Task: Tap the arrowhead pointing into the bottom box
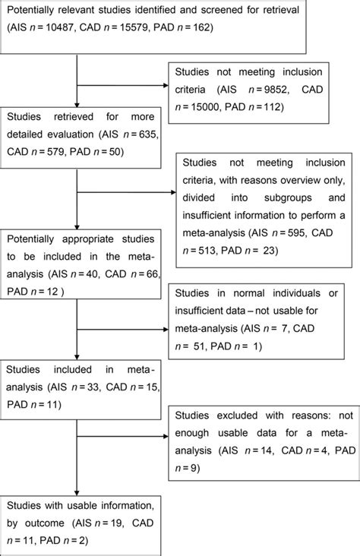(79, 492)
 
